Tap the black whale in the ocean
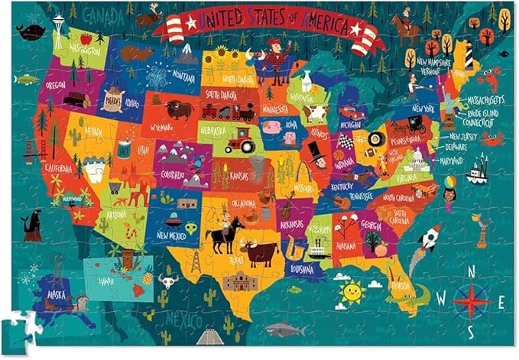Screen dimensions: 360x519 point(32,31)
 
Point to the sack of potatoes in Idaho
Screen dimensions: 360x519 point(112,101)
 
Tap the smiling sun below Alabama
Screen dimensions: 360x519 point(351,291)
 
